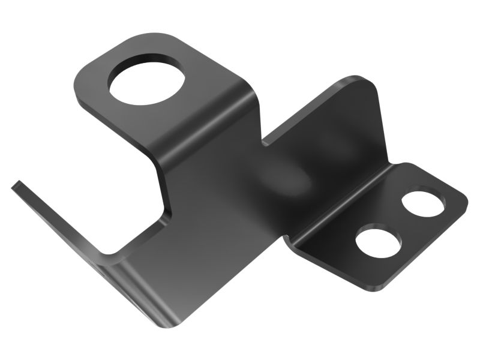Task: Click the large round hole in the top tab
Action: click(x=145, y=79)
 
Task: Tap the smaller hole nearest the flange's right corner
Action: click(x=423, y=203)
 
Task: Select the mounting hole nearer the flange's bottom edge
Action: click(x=378, y=243)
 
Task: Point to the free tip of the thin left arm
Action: click(x=16, y=185)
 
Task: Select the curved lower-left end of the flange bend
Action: click(x=289, y=240)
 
